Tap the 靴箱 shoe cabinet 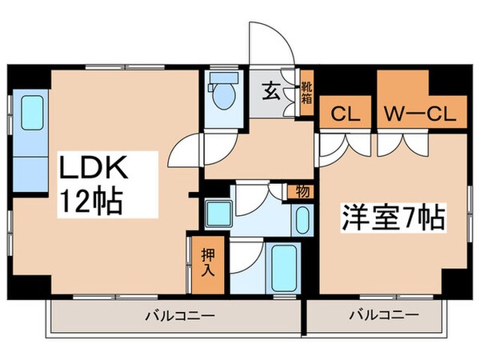point(306,93)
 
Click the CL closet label point(345,114)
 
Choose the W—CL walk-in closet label point(416,114)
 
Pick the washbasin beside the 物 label point(302,219)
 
